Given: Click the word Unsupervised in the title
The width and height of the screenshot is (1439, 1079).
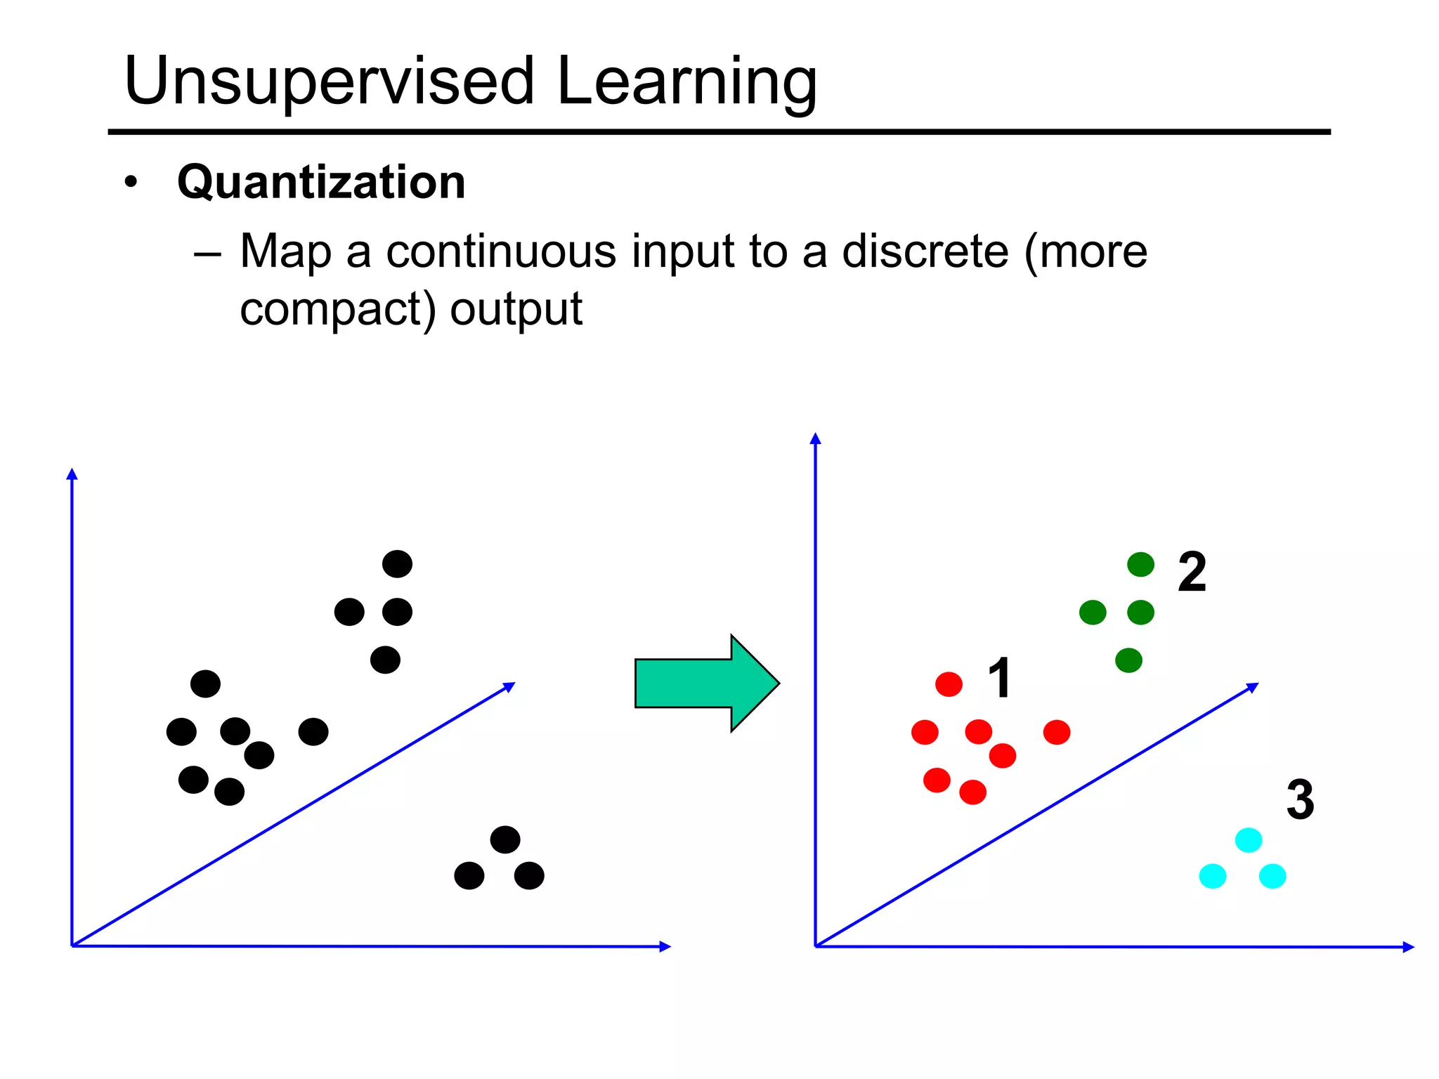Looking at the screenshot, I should pos(329,82).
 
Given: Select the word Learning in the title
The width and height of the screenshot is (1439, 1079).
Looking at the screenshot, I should pos(686,82).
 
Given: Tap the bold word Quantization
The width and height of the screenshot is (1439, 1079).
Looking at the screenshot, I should pos(321,182).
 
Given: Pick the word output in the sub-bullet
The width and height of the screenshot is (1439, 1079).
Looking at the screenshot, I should pos(516,309).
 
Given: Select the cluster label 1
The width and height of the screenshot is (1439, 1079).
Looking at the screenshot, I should pos(999,678).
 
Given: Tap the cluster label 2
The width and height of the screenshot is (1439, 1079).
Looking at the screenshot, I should pos(1192,572).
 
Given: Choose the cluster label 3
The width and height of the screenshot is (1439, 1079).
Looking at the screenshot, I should pos(1300,799).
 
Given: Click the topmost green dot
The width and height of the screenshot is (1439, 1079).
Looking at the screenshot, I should pos(1140,564).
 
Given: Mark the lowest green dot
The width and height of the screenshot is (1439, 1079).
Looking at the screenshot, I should pos(1128,660).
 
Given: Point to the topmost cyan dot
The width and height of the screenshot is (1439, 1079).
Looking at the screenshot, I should pos(1248,840).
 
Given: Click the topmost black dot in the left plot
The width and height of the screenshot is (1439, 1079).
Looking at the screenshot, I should pos(397,564).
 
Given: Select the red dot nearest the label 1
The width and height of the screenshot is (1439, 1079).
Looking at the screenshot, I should pos(949,684).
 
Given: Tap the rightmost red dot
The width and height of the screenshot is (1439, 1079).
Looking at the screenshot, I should pos(1056,732).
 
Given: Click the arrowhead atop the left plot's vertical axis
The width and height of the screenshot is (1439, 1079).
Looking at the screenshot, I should pos(72,474).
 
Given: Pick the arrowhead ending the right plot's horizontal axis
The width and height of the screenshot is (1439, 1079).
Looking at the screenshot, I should pos(1408,947).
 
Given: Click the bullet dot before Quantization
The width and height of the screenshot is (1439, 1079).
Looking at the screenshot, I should pos(131,183).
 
